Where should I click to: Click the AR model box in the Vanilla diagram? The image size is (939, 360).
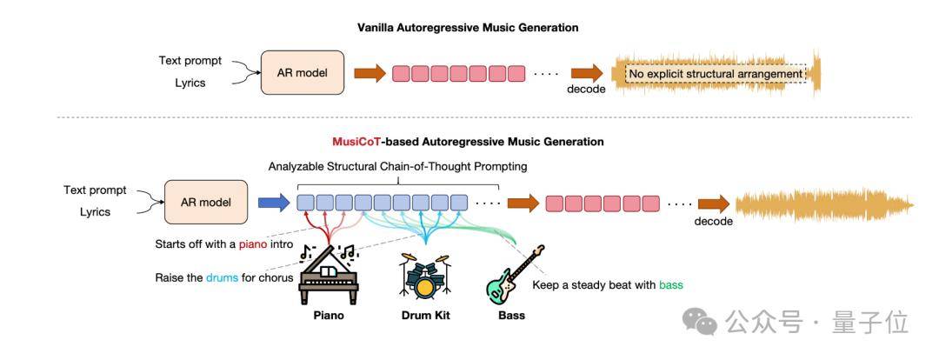[303, 72]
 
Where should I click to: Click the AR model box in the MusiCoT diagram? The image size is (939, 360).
[205, 203]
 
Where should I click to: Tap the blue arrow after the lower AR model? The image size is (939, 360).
[272, 203]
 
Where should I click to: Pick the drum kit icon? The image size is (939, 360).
[424, 276]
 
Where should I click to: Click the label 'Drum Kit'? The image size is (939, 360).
[424, 315]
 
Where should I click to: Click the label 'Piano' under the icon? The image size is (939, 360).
[329, 315]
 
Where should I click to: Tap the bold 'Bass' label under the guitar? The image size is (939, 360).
[511, 315]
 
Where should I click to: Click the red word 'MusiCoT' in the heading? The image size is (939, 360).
[356, 141]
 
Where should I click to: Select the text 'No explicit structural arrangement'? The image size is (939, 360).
[716, 74]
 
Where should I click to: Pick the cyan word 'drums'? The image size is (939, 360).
[222, 277]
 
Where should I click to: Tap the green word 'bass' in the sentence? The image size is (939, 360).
[671, 284]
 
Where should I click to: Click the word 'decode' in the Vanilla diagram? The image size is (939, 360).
[586, 90]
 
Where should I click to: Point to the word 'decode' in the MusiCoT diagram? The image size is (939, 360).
[713, 221]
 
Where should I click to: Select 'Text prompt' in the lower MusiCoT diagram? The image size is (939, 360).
[95, 190]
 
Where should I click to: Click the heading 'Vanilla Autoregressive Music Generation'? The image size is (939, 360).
[468, 27]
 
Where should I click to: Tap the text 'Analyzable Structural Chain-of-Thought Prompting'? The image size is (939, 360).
[398, 166]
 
